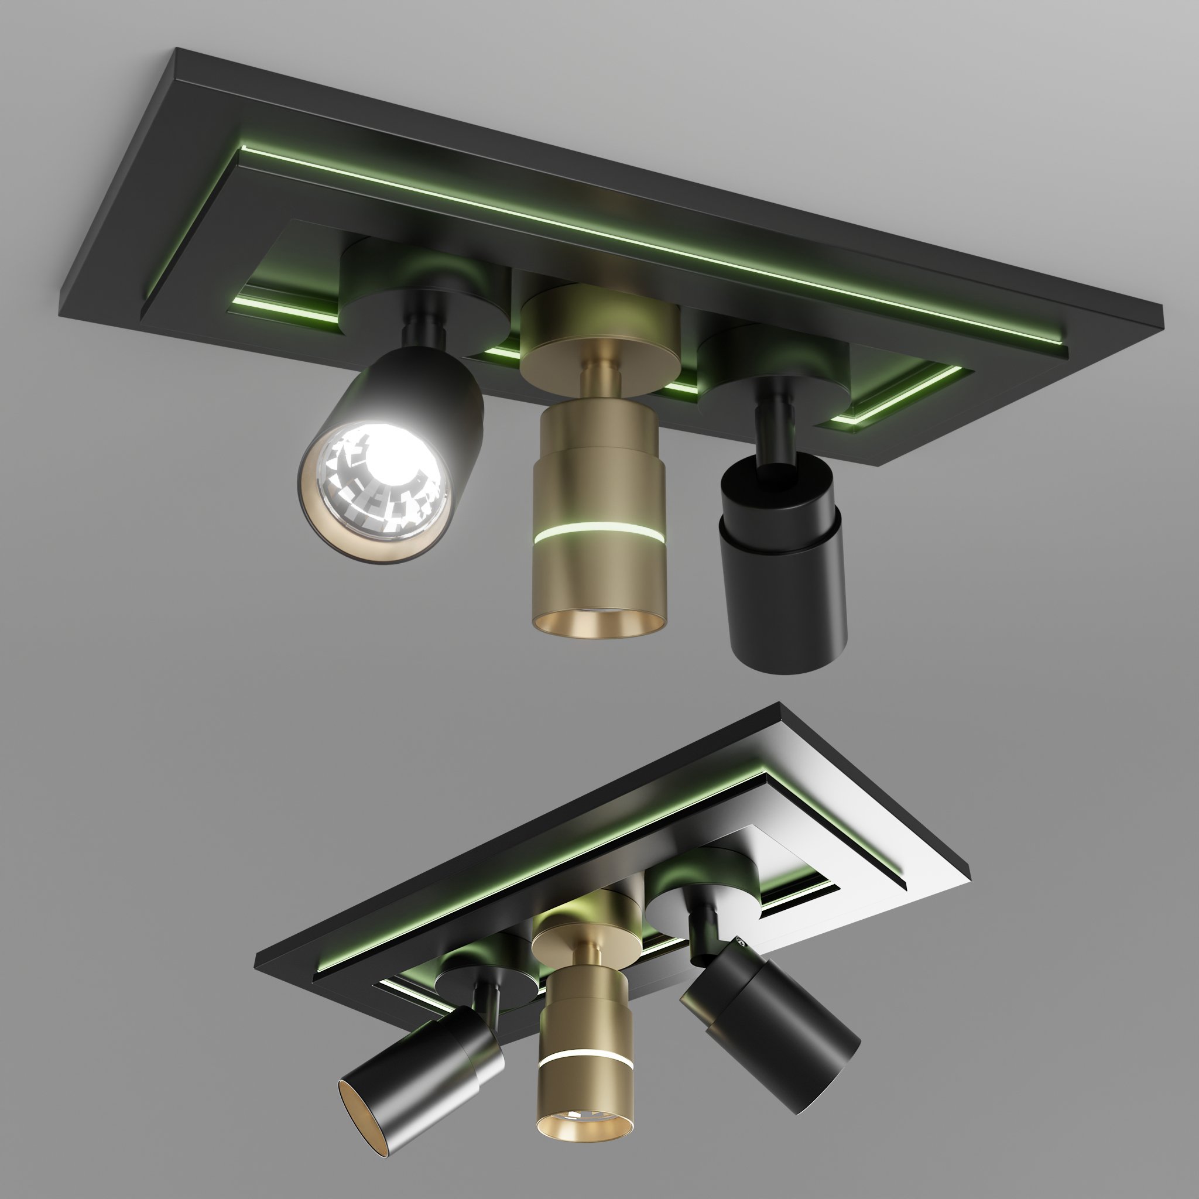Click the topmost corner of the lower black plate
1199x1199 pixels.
point(779,706)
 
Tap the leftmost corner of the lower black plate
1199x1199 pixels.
point(256,970)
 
